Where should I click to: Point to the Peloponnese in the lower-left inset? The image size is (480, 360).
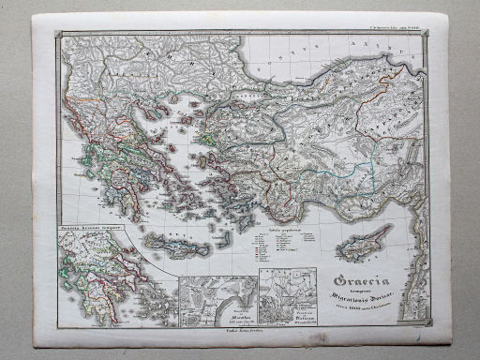pos(82,285)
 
